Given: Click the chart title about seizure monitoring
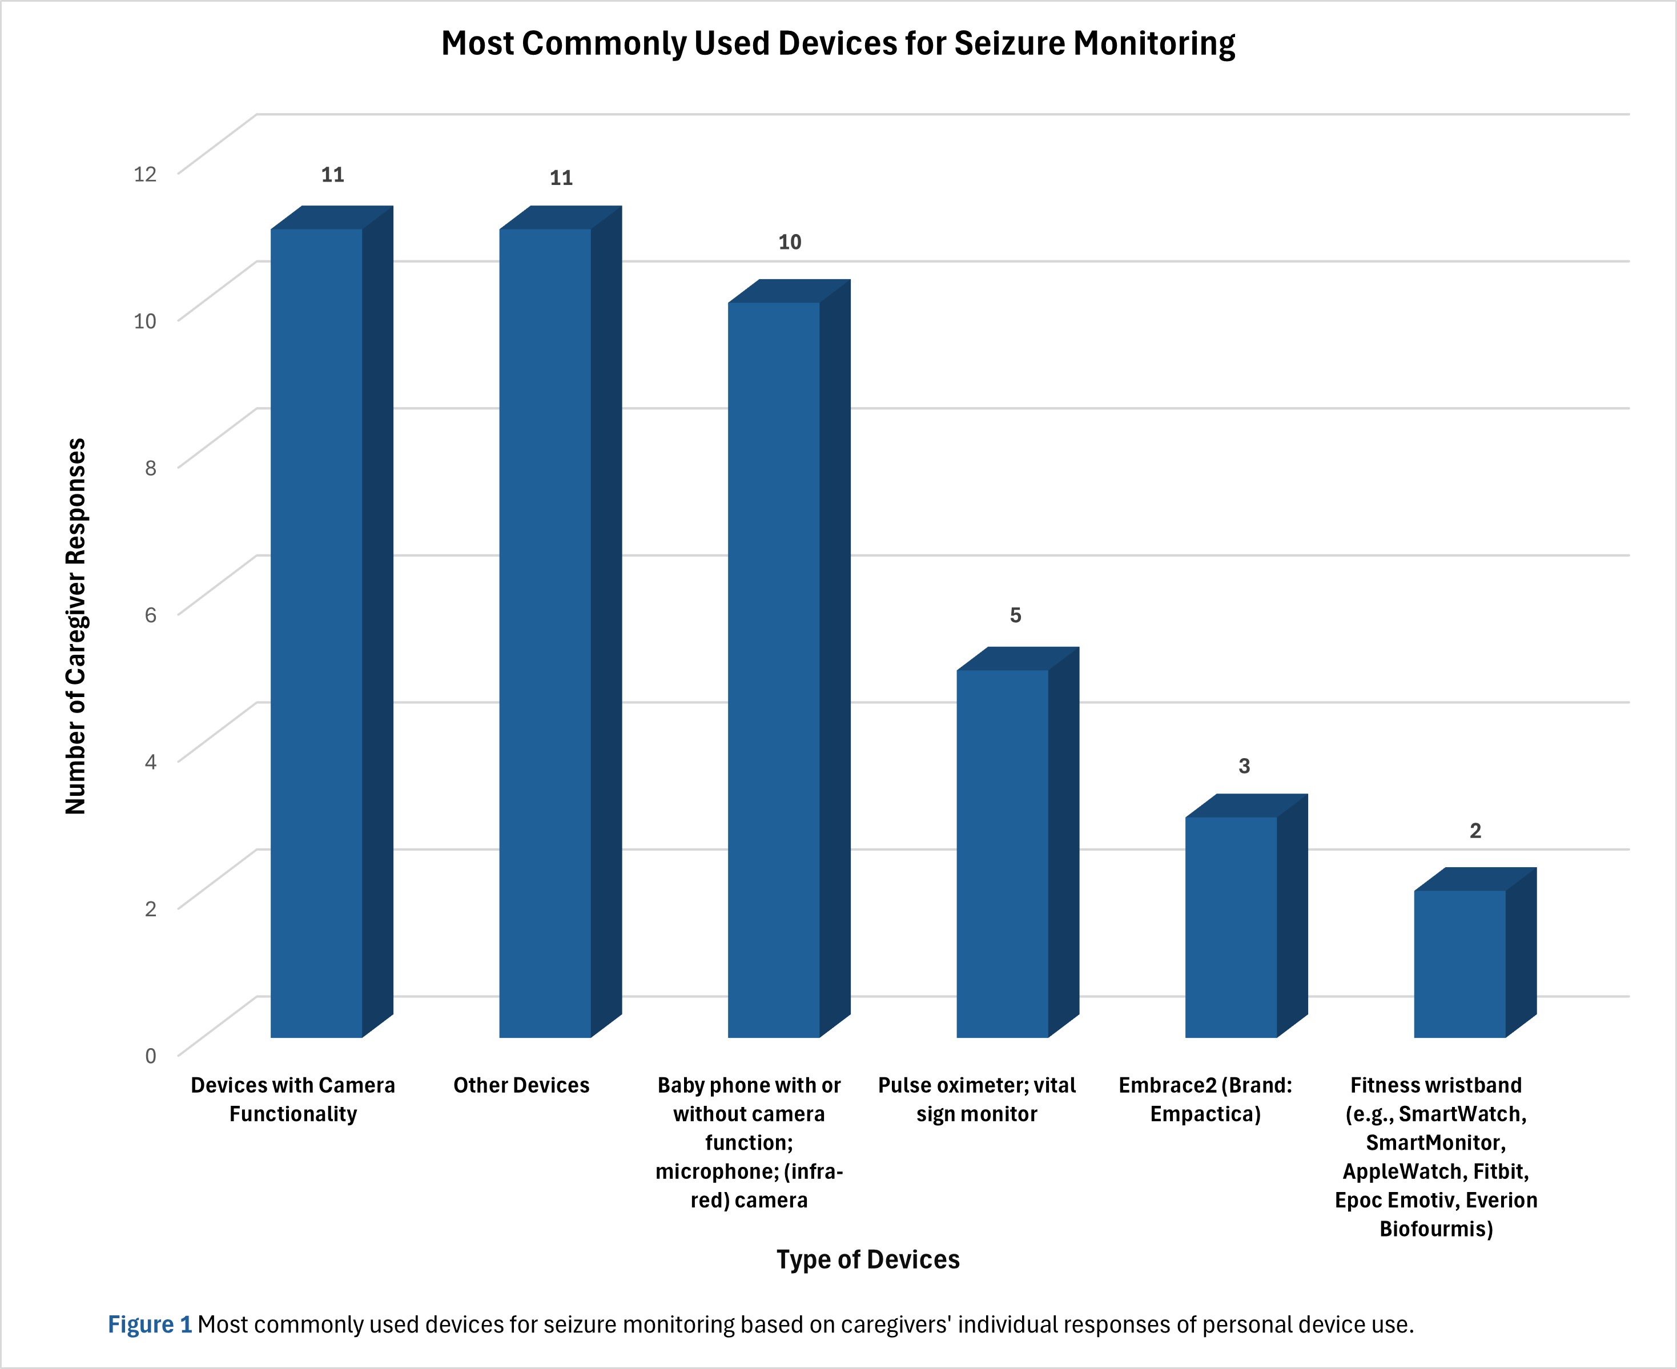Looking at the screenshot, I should [838, 44].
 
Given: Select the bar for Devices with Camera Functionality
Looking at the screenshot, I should [316, 631].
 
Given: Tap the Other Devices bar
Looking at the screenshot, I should [545, 631].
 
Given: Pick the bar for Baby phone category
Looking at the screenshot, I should [774, 670].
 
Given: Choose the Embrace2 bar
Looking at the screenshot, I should [1230, 927].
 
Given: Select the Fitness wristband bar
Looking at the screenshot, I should [1459, 964].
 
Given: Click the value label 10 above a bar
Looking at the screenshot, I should [790, 243].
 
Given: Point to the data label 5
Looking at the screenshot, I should [1015, 615].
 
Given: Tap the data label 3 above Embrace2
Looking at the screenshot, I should [1244, 766].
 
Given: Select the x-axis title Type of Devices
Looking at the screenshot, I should [868, 1259].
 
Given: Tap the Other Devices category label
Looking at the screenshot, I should [521, 1086].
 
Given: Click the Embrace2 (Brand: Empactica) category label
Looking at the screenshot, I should [1205, 1100].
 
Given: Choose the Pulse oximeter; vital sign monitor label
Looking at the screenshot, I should [976, 1100].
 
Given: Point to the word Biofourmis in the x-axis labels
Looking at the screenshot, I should [1435, 1229].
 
